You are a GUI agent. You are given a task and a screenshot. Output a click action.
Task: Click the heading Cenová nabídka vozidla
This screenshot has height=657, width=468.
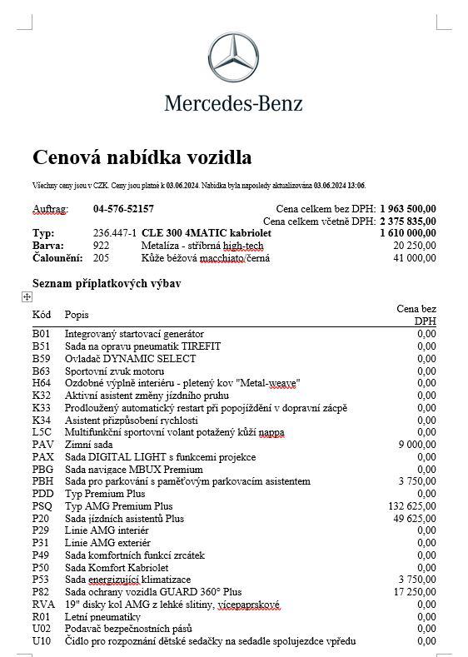pos(142,157)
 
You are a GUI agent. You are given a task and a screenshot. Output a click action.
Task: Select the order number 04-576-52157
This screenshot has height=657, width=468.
pos(123,209)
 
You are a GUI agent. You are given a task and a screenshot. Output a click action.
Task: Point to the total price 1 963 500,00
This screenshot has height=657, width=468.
pos(408,209)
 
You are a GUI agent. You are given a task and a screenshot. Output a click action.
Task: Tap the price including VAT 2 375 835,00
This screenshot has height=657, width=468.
pos(408,221)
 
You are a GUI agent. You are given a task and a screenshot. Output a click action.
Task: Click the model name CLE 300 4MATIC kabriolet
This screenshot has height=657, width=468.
pos(207,234)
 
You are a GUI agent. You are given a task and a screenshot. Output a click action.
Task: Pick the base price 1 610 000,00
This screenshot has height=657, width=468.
pos(408,234)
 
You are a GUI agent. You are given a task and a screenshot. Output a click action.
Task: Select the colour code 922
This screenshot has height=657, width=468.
pos(101,246)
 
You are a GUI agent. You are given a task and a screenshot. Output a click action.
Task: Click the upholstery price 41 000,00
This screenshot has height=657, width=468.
pos(415,258)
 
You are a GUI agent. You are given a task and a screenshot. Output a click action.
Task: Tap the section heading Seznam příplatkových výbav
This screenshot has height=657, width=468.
pos(107,284)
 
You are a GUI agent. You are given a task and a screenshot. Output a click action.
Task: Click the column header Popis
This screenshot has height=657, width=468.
pos(77,315)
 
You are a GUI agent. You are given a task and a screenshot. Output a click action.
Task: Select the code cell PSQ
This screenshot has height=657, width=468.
pos(42,505)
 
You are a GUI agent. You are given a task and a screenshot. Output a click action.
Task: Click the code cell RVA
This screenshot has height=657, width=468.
pos(42,604)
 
